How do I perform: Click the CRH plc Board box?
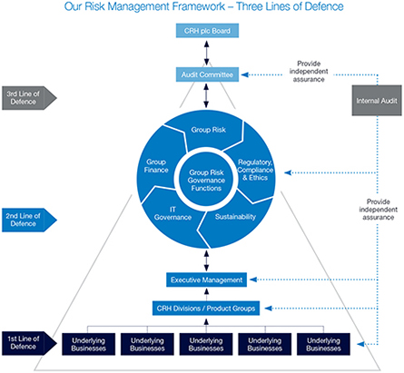[x=207, y=31]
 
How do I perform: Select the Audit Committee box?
[x=207, y=74]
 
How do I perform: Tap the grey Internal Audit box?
[x=377, y=101]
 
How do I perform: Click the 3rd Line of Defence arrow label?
[x=29, y=98]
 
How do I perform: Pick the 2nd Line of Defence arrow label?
[x=29, y=220]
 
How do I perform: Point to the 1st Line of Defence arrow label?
[x=29, y=343]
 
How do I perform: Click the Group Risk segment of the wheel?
[x=209, y=131]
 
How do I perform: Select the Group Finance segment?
[x=156, y=166]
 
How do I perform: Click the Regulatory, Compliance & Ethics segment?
[x=256, y=170]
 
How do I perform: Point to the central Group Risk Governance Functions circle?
[x=206, y=181]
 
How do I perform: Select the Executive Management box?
[x=206, y=280]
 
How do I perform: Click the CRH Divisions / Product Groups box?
[x=206, y=309]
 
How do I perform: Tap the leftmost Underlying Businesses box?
[x=89, y=344]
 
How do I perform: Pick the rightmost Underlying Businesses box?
[x=323, y=344]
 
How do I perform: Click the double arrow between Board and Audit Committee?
[x=207, y=53]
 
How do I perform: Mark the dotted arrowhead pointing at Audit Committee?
[x=245, y=74]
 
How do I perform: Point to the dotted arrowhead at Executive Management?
[x=253, y=280]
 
